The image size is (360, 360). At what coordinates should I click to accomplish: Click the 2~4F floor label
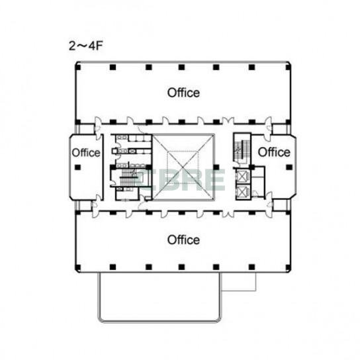point(85,46)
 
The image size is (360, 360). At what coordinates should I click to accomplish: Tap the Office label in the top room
point(183,93)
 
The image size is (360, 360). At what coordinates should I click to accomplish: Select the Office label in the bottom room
point(183,240)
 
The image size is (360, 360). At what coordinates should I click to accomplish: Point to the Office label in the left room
point(86,153)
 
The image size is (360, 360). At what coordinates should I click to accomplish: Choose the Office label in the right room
point(274,152)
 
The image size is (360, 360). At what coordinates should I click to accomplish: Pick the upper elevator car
point(242,176)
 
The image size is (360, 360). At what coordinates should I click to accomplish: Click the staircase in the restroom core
point(128,177)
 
